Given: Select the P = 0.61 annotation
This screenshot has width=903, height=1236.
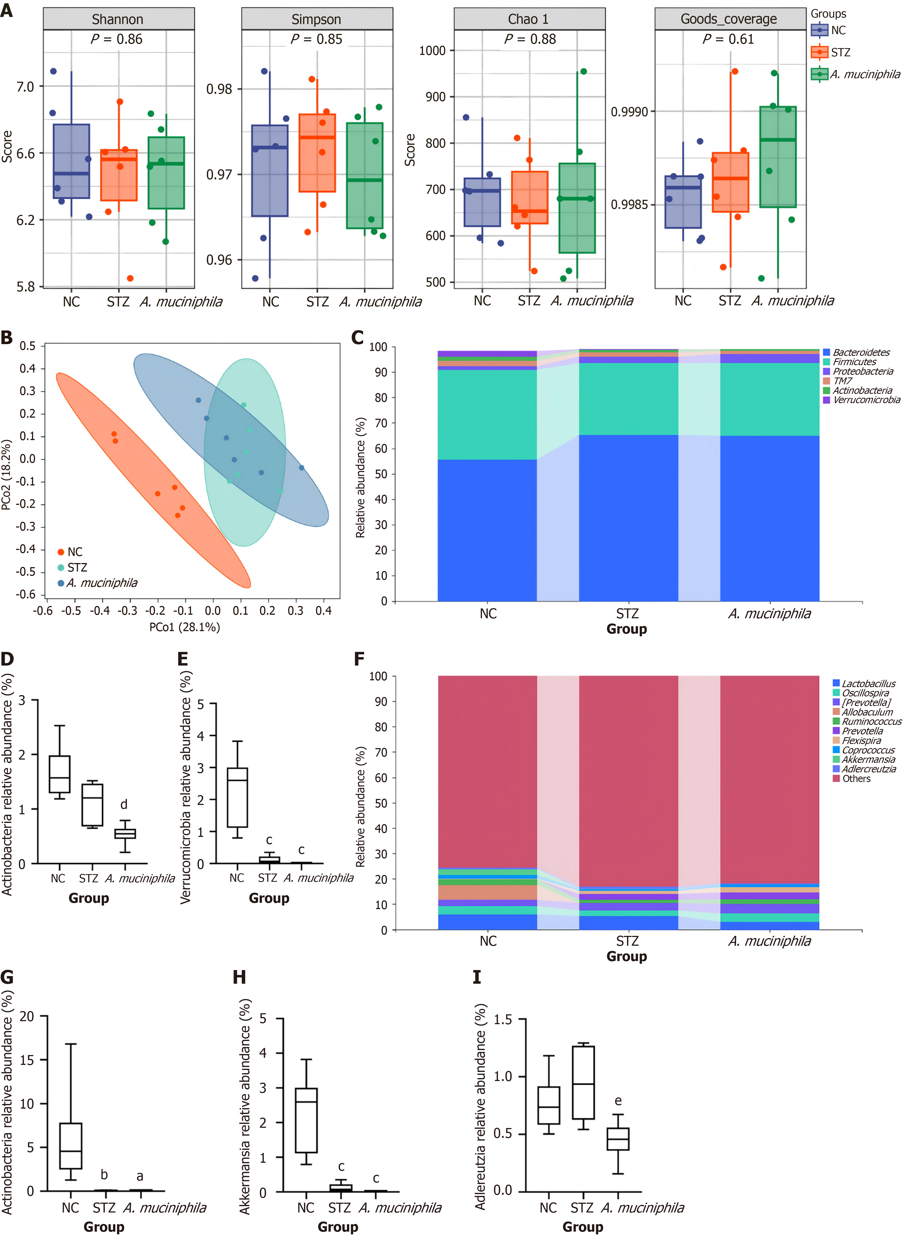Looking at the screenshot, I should [x=728, y=39].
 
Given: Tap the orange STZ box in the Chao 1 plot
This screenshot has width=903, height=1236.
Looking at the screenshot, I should [x=529, y=197].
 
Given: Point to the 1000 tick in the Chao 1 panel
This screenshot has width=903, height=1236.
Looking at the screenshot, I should [x=432, y=51].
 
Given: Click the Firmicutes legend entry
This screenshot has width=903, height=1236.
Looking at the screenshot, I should [x=854, y=362].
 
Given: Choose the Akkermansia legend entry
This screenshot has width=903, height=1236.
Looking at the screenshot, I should [x=868, y=759].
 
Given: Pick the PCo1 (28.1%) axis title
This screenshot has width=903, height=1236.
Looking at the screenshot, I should [x=185, y=627].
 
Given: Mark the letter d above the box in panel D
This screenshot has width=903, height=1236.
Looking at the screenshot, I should [x=124, y=804].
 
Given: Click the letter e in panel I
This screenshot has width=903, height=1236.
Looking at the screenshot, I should [x=618, y=1100].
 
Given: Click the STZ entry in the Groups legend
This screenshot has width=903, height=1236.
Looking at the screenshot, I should [x=840, y=52].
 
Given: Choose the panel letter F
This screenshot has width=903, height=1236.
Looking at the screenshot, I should [x=359, y=659].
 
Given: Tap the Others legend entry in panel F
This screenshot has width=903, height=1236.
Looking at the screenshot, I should [x=856, y=778].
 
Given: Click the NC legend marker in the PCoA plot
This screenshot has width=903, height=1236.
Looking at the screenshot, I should [x=61, y=552].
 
